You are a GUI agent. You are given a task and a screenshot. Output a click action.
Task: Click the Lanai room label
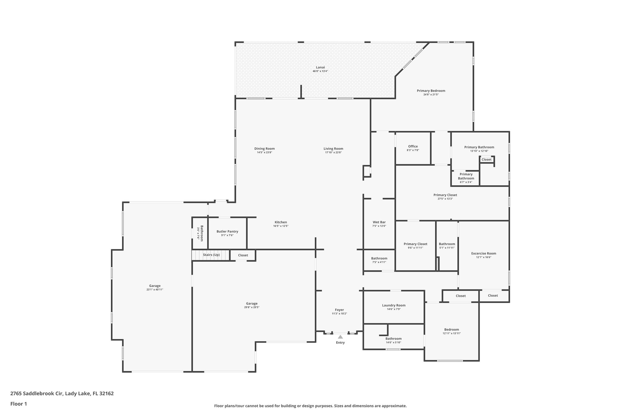(x=320, y=67)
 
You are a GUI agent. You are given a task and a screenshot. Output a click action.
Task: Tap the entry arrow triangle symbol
(x=340, y=337)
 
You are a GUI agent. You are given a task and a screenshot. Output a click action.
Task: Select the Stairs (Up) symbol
(x=211, y=255)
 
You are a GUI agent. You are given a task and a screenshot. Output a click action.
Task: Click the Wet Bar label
(x=379, y=222)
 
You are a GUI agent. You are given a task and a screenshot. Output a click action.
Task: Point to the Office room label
(x=413, y=146)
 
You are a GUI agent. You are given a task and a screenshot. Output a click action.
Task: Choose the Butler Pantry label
(x=227, y=231)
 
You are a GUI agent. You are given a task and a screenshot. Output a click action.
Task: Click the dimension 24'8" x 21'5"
(x=431, y=95)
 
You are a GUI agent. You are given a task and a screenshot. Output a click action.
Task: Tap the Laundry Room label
(x=394, y=305)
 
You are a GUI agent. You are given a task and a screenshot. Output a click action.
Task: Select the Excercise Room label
(x=483, y=254)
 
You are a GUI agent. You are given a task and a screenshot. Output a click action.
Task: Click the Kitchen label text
(x=280, y=222)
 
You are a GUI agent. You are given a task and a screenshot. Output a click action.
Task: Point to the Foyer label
(x=339, y=310)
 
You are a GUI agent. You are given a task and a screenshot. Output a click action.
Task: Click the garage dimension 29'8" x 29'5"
(x=252, y=307)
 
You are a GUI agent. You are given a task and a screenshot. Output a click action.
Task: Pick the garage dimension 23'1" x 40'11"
(x=155, y=290)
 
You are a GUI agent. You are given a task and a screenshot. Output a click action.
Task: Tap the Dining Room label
(x=264, y=149)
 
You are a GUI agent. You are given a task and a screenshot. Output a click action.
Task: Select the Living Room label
(x=333, y=149)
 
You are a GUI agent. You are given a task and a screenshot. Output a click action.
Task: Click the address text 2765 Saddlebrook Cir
(x=37, y=394)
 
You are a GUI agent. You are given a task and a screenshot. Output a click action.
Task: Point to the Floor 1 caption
(x=19, y=404)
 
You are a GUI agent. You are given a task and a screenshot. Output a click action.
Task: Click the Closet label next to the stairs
(x=243, y=255)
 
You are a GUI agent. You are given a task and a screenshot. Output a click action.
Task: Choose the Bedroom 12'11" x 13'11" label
(x=451, y=330)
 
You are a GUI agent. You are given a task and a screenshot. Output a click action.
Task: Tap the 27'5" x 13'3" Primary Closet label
(x=445, y=195)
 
